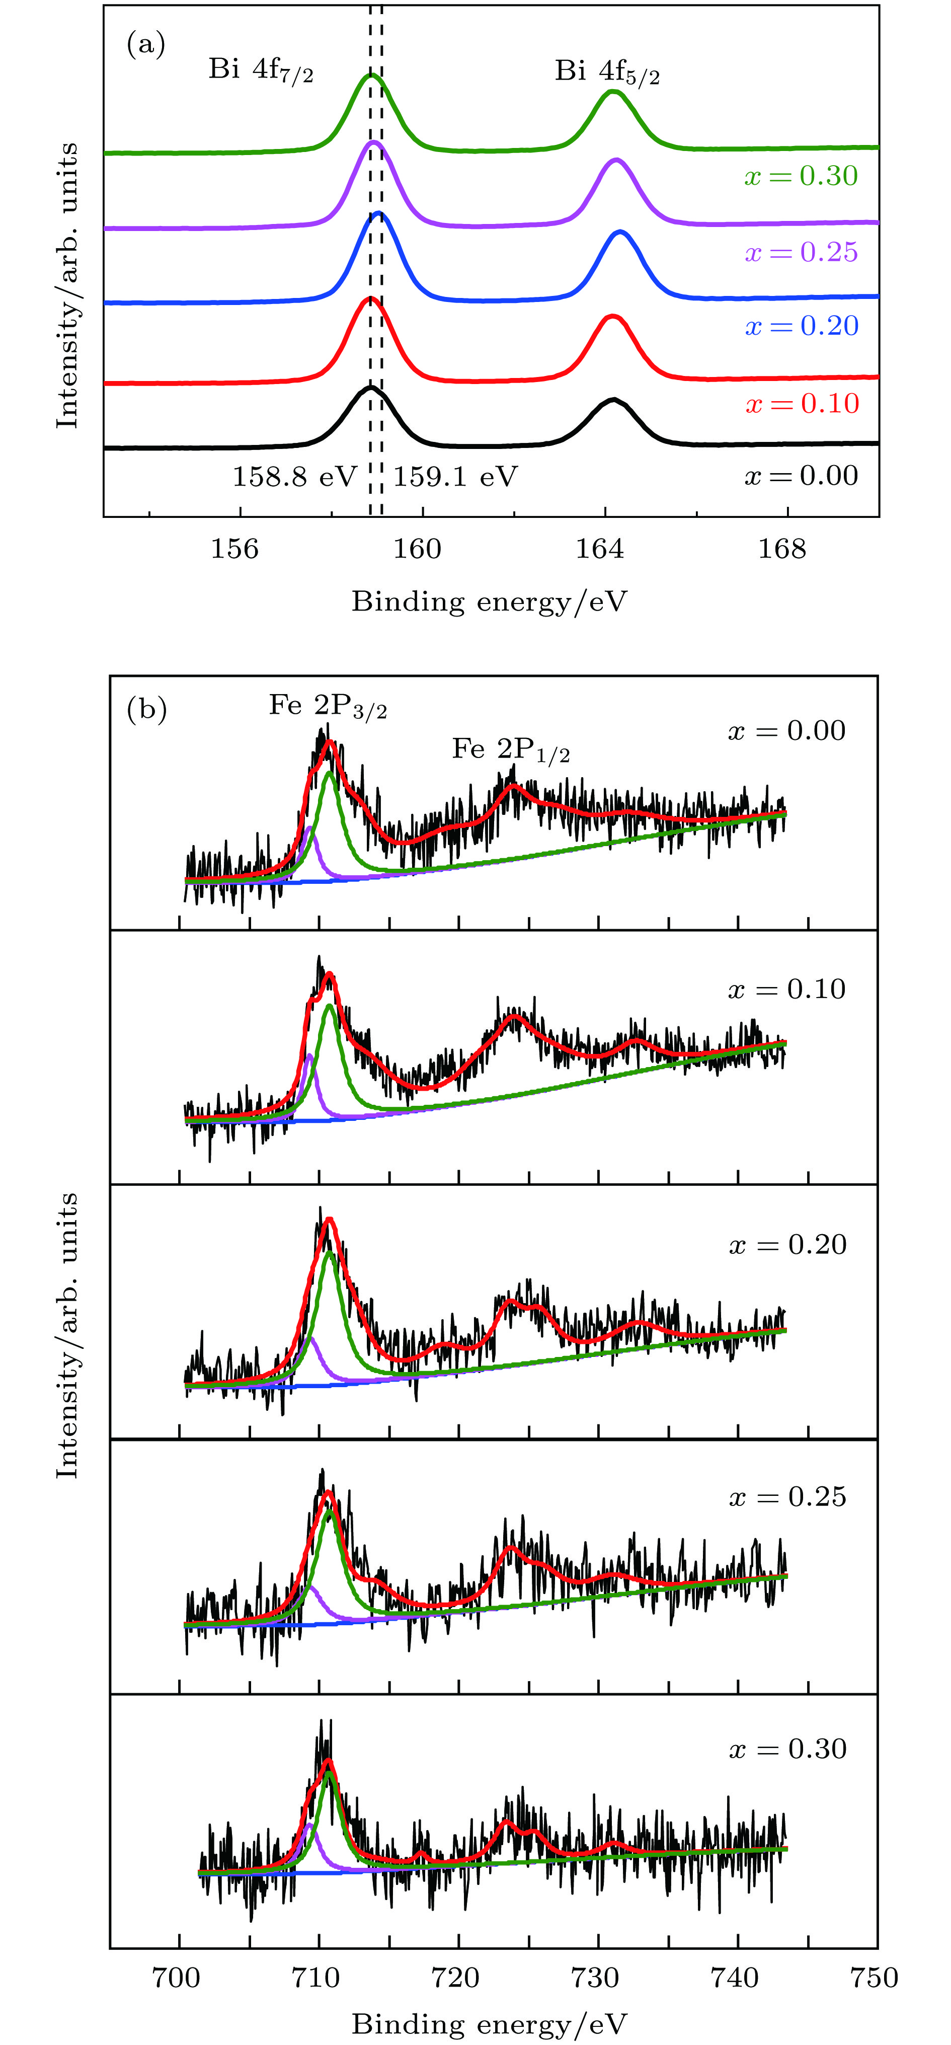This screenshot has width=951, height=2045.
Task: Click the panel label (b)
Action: pyautogui.click(x=147, y=708)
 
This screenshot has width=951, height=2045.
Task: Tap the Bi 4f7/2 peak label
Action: pyautogui.click(x=260, y=70)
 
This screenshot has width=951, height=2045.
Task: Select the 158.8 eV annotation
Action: pyautogui.click(x=294, y=476)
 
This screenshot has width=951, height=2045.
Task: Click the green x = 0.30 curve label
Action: pyautogui.click(x=801, y=176)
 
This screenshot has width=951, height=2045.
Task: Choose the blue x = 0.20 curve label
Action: pyautogui.click(x=801, y=326)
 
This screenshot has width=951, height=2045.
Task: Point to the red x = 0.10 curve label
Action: pyautogui.click(x=802, y=403)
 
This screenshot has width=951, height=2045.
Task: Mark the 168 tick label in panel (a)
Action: pyautogui.click(x=782, y=549)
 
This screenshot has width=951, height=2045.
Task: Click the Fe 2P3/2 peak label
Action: pyautogui.click(x=328, y=706)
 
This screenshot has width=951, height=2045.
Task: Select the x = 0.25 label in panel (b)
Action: pyautogui.click(x=787, y=1496)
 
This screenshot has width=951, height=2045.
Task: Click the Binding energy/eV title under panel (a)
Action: pyautogui.click(x=489, y=602)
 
